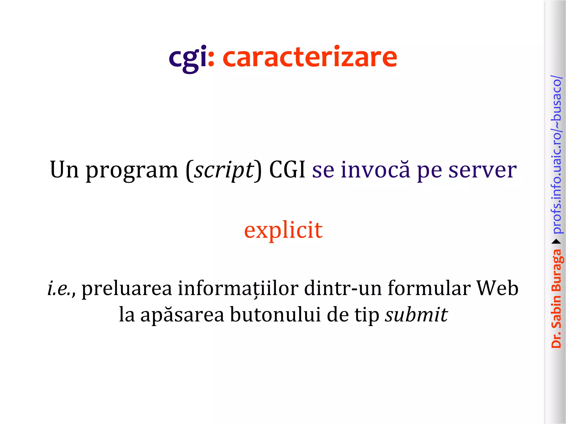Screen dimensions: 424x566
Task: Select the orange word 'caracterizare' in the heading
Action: (x=310, y=57)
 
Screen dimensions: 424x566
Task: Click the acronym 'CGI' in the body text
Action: (x=287, y=169)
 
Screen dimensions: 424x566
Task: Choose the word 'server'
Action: (x=482, y=170)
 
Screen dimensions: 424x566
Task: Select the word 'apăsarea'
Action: (x=182, y=315)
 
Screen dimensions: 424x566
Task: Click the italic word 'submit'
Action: (x=416, y=314)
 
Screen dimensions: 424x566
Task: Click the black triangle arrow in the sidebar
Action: (x=556, y=242)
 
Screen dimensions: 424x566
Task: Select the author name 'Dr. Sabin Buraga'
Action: (x=556, y=298)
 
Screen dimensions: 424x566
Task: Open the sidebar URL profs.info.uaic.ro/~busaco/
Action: (x=556, y=155)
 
